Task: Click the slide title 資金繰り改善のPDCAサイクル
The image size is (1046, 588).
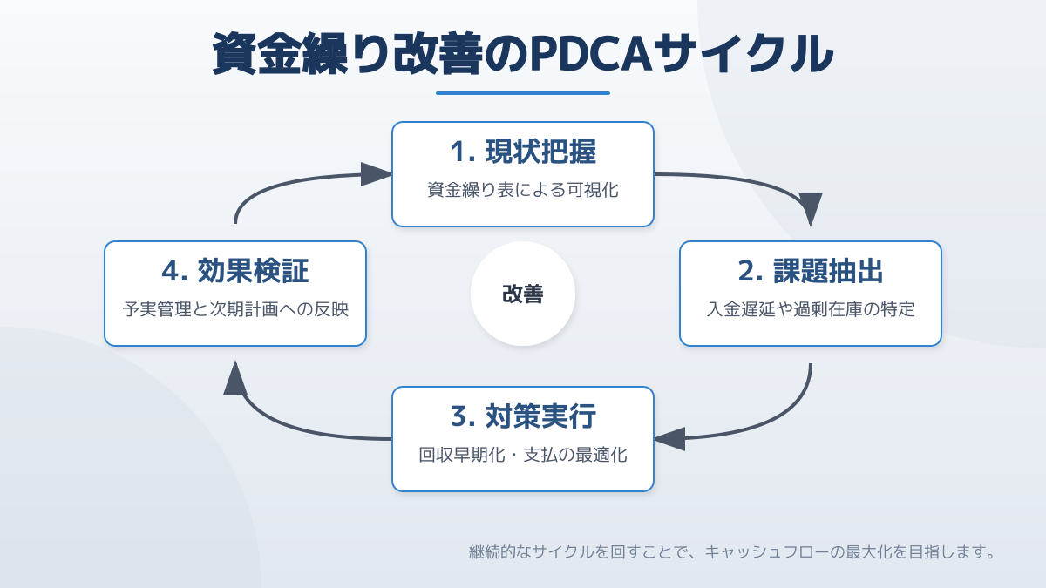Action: (x=523, y=53)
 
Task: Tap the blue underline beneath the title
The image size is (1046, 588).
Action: (x=523, y=93)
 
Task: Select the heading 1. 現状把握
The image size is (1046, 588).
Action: (x=523, y=152)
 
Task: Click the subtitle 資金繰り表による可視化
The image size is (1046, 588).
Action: (x=523, y=190)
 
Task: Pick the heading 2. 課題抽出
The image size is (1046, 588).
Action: (x=811, y=271)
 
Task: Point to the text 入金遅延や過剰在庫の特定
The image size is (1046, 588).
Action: (x=811, y=309)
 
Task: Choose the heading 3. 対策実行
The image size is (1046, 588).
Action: (x=523, y=416)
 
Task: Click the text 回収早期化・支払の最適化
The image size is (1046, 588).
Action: (x=523, y=455)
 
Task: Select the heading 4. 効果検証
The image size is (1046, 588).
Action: (x=235, y=271)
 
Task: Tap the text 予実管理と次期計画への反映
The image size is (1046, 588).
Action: (x=235, y=309)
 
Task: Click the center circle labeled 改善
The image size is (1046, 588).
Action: (x=523, y=294)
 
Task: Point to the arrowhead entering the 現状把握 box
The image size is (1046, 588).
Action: (x=377, y=174)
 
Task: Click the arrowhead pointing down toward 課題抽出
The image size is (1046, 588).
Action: (x=811, y=209)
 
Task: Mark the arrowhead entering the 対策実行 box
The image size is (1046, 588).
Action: (x=669, y=439)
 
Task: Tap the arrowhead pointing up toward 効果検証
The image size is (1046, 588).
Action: (x=235, y=377)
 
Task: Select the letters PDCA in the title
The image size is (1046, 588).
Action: (x=591, y=54)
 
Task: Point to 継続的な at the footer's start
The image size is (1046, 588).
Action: (x=500, y=552)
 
